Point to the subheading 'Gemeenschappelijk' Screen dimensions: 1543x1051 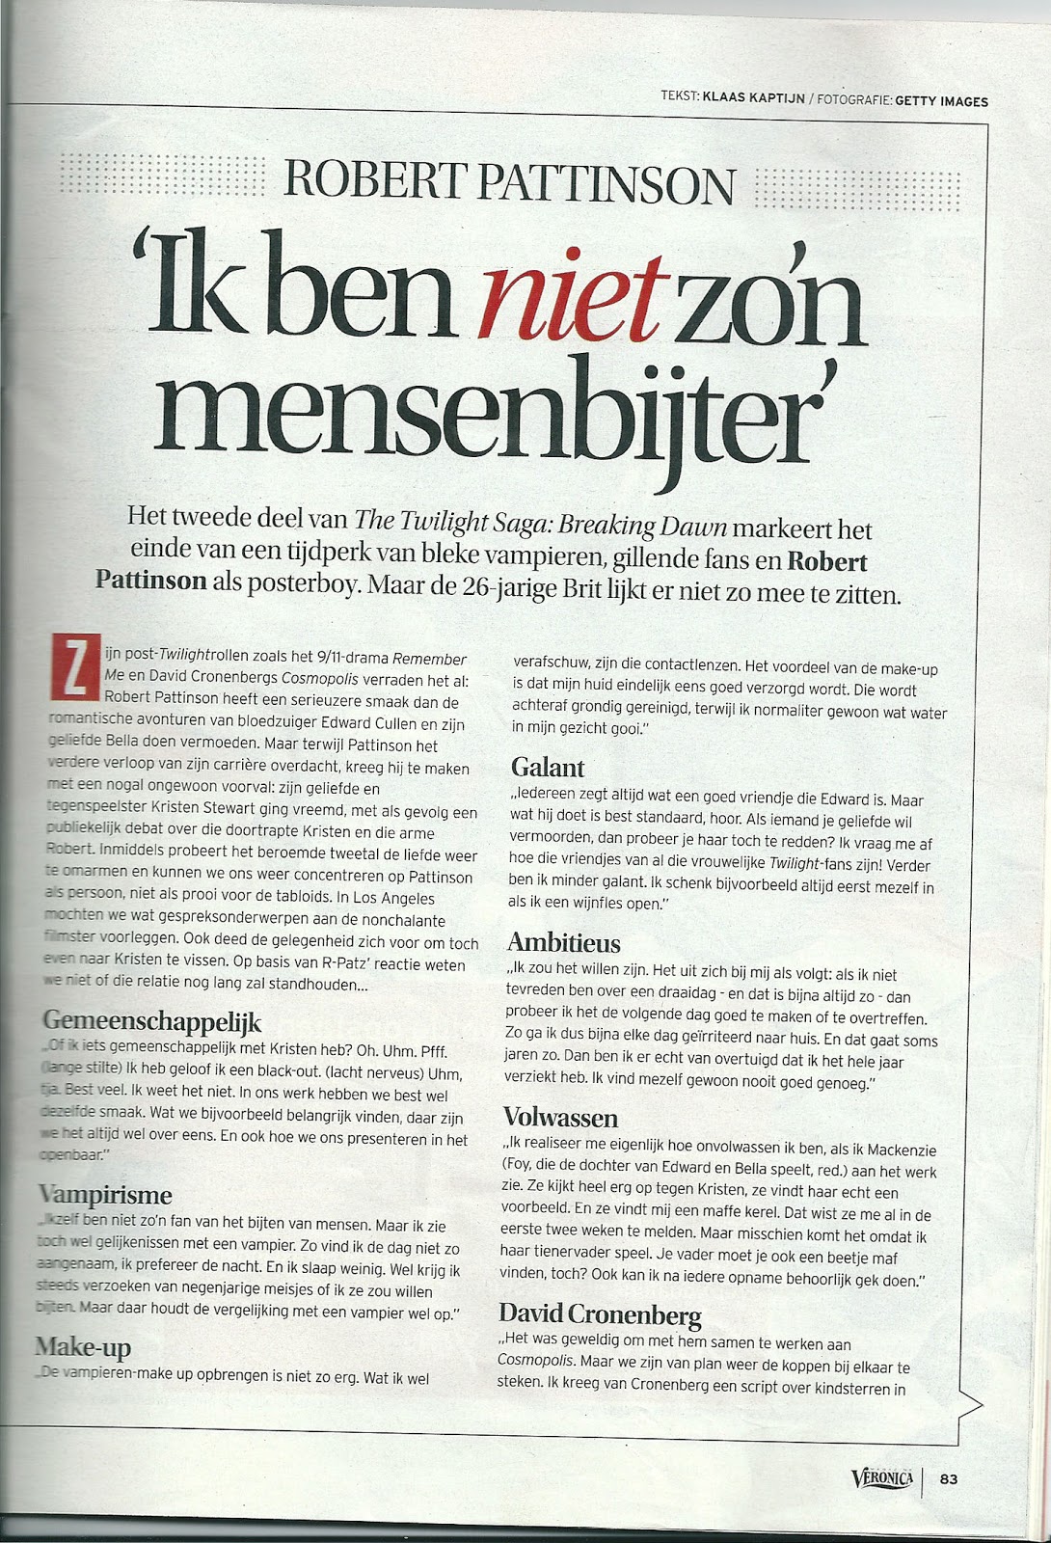152,1021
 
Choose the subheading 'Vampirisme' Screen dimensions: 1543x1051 106,1195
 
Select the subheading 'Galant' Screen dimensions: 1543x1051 548,768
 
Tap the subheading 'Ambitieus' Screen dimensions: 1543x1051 564,942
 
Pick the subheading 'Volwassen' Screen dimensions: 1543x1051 560,1117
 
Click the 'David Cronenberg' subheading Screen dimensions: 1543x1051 600,1313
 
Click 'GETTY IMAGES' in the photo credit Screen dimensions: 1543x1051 941,101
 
